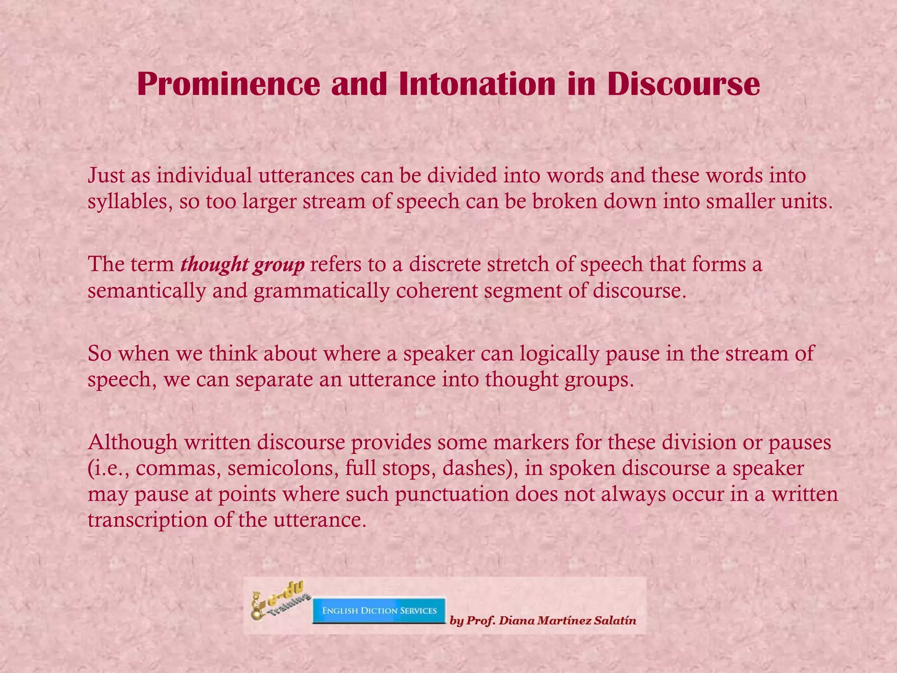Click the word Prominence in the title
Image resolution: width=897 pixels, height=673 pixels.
point(229,84)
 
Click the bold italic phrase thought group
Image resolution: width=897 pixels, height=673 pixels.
point(242,265)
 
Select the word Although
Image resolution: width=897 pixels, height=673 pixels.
point(132,442)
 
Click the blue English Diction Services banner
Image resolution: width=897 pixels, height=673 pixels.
point(379,611)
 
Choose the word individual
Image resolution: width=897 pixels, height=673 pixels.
point(205,176)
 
